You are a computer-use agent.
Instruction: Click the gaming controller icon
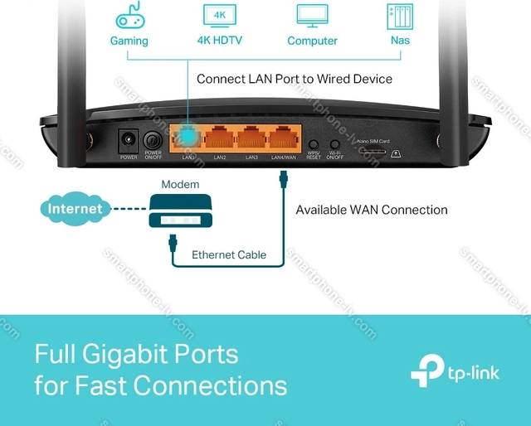pos(130,17)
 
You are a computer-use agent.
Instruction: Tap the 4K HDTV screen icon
pos(220,15)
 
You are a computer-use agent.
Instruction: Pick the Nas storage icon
pos(401,17)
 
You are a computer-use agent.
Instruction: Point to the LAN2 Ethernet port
pos(220,137)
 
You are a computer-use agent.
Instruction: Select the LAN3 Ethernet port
pos(252,137)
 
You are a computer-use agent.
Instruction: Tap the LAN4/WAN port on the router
pos(285,137)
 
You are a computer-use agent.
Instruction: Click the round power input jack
pos(129,140)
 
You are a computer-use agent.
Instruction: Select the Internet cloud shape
pos(75,209)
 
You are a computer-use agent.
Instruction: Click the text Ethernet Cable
pos(229,254)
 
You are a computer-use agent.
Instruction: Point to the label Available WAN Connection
pos(372,210)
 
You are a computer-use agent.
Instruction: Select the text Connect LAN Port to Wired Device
pos(295,79)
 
